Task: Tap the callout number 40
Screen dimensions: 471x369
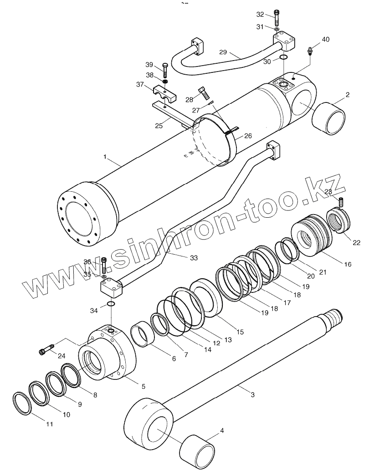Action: click(325, 40)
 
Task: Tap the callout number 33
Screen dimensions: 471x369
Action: click(194, 258)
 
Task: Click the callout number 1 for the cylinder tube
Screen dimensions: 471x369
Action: click(105, 157)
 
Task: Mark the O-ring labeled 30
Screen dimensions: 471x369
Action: click(283, 57)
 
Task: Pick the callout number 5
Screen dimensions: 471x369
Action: click(143, 386)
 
